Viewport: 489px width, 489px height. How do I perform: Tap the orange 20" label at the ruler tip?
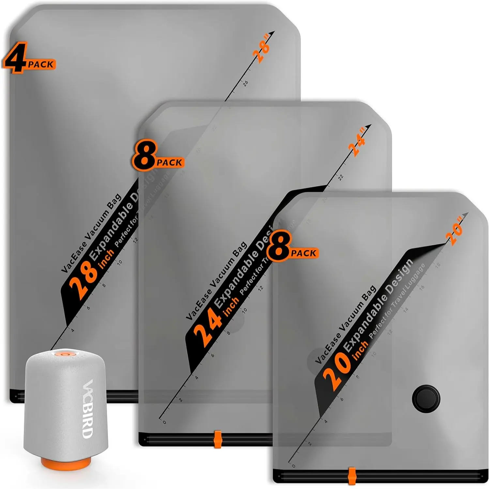pos(455,233)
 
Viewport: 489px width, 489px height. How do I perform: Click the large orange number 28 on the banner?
pos(83,282)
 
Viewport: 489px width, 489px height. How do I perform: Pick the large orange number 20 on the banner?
pos(336,372)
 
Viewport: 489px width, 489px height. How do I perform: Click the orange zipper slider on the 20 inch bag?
pos(352,476)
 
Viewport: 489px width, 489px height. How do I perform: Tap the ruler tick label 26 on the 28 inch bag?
pos(245,83)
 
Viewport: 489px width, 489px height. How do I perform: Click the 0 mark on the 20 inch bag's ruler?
pos(293,466)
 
